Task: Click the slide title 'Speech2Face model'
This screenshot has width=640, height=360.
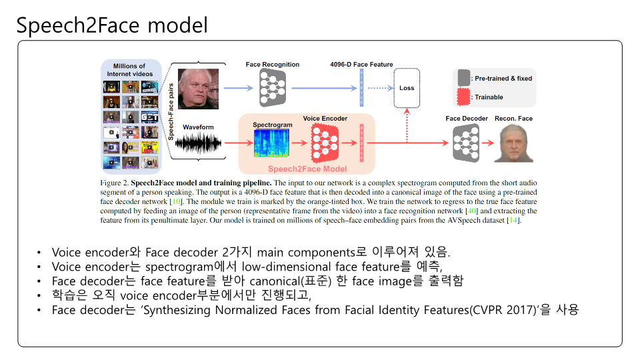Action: click(x=112, y=25)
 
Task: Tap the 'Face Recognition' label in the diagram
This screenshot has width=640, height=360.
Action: click(x=272, y=65)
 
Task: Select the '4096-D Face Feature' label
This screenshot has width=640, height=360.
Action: click(x=361, y=65)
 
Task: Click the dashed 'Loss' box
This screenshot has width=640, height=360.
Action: click(x=407, y=88)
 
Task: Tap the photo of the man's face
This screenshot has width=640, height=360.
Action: click(x=197, y=89)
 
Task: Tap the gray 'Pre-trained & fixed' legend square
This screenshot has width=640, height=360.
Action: click(x=463, y=78)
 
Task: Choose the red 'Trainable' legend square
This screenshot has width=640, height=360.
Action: click(x=463, y=97)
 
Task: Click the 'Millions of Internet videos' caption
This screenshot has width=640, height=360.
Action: click(x=129, y=70)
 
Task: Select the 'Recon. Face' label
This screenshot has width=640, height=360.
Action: click(x=513, y=119)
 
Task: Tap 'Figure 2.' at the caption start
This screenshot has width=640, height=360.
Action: click(x=115, y=182)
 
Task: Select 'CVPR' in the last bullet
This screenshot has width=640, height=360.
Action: click(x=485, y=310)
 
